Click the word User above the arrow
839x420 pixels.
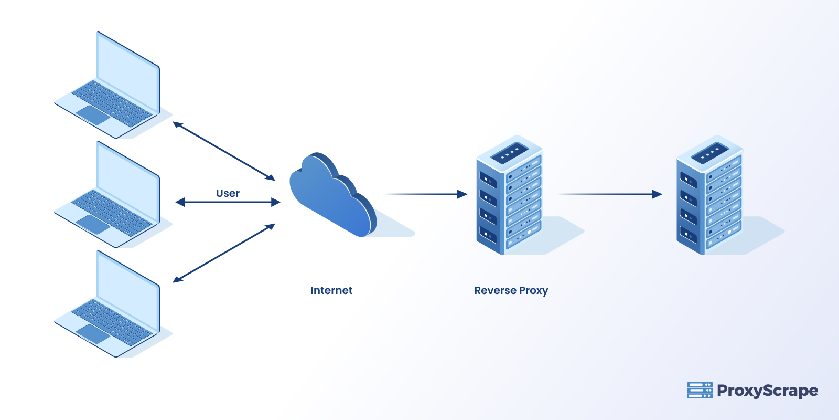228,193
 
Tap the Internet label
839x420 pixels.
331,290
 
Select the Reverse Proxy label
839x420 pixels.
511,290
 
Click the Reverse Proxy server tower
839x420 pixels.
509,197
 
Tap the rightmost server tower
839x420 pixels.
709,197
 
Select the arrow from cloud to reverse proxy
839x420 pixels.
427,194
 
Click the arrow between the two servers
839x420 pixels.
611,194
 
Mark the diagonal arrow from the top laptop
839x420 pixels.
224,151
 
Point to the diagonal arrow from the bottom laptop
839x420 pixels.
224,253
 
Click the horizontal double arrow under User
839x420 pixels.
228,202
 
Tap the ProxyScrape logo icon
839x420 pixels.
700,390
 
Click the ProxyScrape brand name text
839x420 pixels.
767,391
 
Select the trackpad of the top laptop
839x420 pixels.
93,115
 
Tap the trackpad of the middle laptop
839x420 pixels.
93,224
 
